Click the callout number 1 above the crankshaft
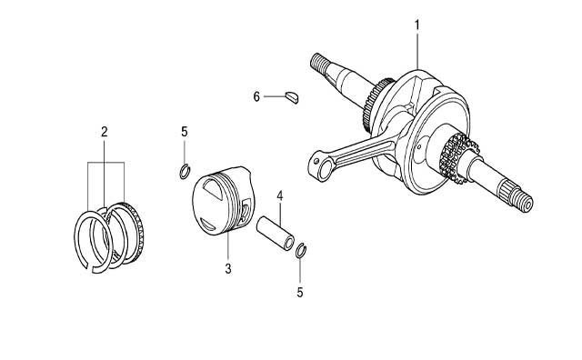pos(416,25)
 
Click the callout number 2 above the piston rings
pos(105,132)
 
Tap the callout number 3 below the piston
pos(228,269)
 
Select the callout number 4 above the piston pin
pos(280,195)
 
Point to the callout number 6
pos(256,97)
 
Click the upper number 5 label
pos(185,132)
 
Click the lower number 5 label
pos(300,293)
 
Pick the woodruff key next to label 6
pos(292,97)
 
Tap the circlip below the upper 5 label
pos(185,171)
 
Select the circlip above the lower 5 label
pos(301,250)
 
